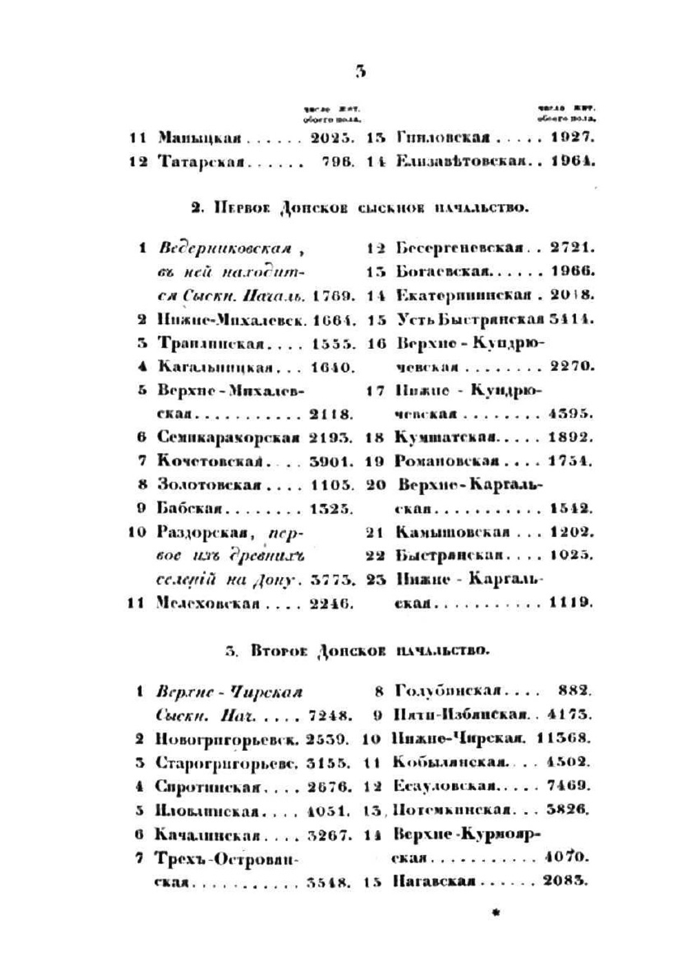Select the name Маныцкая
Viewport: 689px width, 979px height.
(x=199, y=137)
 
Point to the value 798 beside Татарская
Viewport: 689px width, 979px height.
(x=338, y=162)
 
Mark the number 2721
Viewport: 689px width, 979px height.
(x=573, y=247)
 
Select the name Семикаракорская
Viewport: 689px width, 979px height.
(x=228, y=438)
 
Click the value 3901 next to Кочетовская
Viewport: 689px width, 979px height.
(x=333, y=461)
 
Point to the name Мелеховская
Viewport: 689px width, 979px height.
(x=207, y=603)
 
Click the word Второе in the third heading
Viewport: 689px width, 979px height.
(x=279, y=649)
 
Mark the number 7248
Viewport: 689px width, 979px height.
(x=333, y=715)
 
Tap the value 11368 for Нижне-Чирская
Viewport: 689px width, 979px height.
(x=566, y=738)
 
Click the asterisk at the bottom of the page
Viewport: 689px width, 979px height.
(x=495, y=914)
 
